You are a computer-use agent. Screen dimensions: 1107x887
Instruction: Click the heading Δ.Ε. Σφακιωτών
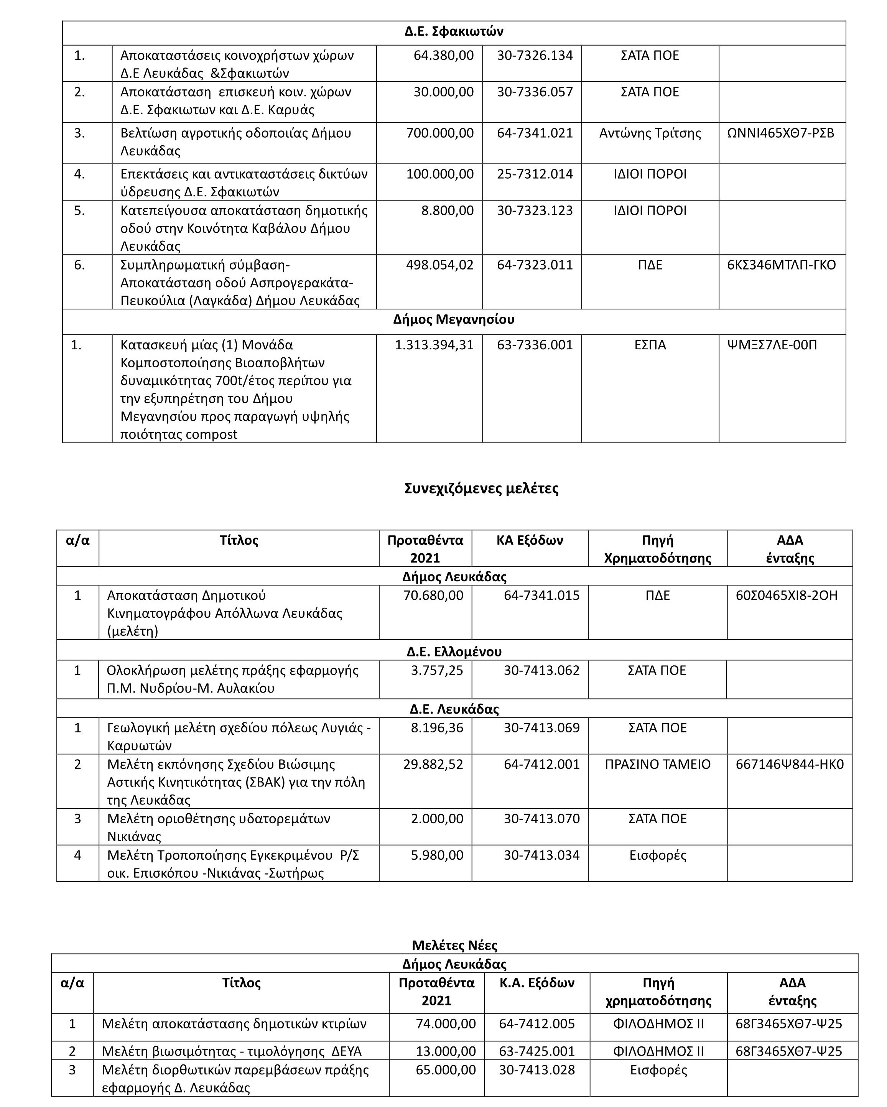[x=454, y=32]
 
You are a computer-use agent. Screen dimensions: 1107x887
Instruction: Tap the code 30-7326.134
[x=534, y=56]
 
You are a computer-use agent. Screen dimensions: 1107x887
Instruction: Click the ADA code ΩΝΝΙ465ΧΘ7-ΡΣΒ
[x=780, y=133]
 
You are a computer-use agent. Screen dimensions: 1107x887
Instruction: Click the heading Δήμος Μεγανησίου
[x=454, y=320]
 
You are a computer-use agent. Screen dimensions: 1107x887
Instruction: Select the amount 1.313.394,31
[x=434, y=345]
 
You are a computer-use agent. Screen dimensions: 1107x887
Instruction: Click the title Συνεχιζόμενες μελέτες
[x=481, y=488]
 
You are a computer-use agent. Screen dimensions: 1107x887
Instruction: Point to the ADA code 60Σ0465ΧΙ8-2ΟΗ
[x=786, y=595]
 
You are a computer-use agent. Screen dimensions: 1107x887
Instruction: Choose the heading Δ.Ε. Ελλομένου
[x=454, y=652]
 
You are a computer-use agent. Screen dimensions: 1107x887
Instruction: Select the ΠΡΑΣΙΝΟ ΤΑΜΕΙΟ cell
[x=657, y=765]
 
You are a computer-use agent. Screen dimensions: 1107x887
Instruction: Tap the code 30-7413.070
[x=541, y=819]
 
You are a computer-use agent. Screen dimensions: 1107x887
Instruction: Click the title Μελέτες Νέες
[x=454, y=945]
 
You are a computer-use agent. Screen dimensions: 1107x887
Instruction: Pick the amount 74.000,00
[x=445, y=1024]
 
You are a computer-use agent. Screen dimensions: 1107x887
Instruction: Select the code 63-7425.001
[x=537, y=1051]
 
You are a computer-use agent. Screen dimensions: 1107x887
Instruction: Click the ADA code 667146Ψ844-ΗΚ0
[x=790, y=765]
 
